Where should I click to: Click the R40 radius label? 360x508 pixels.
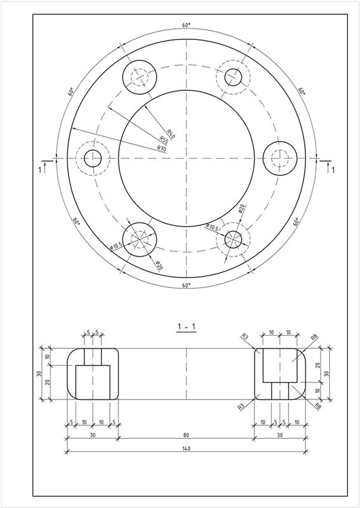click(x=171, y=133)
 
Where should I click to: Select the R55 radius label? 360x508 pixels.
click(x=164, y=140)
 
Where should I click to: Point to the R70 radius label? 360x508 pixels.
click(x=161, y=149)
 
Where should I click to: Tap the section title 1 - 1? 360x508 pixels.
click(x=186, y=327)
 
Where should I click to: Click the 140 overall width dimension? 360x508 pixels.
click(x=186, y=448)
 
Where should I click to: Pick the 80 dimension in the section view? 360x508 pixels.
click(x=186, y=435)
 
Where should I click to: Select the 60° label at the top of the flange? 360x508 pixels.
click(x=186, y=25)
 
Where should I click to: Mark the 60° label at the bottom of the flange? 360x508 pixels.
click(x=186, y=285)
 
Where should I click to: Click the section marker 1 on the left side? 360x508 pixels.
click(x=40, y=170)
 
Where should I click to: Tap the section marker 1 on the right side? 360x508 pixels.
click(x=333, y=170)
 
